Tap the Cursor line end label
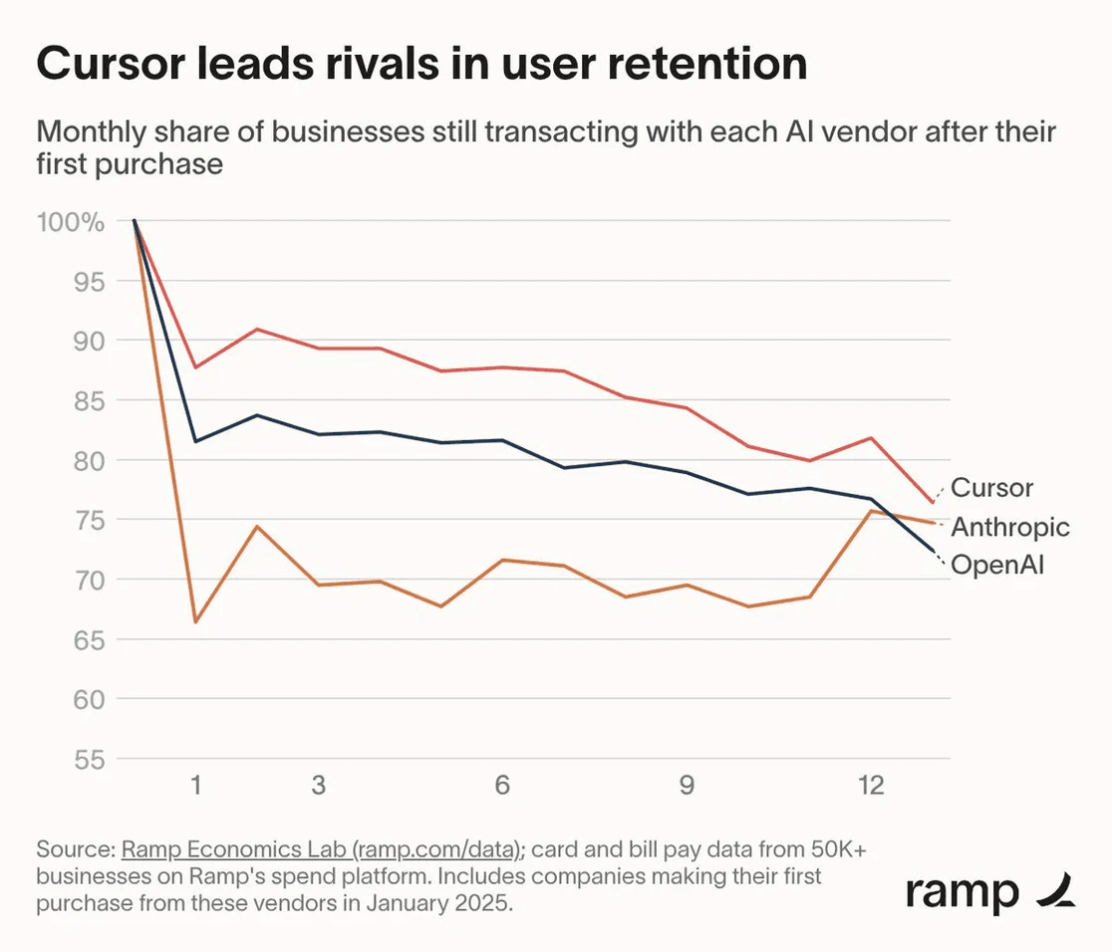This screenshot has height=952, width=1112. [991, 488]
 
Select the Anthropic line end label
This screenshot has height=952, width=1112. [1010, 527]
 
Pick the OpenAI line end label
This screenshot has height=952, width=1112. [997, 566]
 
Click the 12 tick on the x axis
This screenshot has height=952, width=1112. [871, 786]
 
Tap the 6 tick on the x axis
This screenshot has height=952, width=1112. [502, 786]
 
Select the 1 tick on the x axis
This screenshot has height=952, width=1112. [196, 786]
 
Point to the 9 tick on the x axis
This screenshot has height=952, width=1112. [687, 786]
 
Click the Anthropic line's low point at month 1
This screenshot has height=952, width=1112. [196, 622]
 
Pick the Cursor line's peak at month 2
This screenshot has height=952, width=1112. [258, 329]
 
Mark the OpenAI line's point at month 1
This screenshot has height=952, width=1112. [196, 440]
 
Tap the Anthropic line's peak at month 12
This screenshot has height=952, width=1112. [871, 511]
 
